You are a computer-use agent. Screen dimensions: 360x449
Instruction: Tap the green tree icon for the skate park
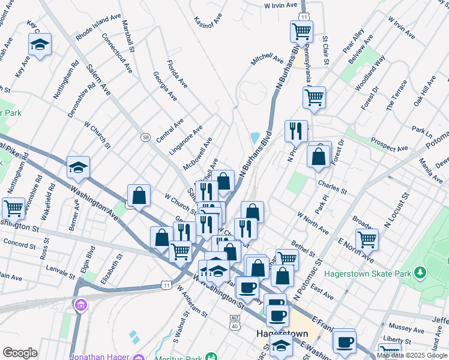click(x=420, y=273)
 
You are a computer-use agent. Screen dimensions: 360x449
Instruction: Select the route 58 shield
click(x=146, y=137)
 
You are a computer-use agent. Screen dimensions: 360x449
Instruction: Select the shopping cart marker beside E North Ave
click(x=366, y=239)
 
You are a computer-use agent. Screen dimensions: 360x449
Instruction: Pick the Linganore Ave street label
click(x=186, y=140)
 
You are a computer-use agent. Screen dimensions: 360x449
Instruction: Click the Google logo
click(x=20, y=353)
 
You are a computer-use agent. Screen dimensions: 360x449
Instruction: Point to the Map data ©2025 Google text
click(x=412, y=355)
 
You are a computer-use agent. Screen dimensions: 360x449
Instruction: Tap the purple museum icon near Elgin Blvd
click(x=80, y=306)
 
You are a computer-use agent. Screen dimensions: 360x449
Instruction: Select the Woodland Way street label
click(x=370, y=73)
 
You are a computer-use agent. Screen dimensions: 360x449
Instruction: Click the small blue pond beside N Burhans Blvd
click(x=255, y=138)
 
